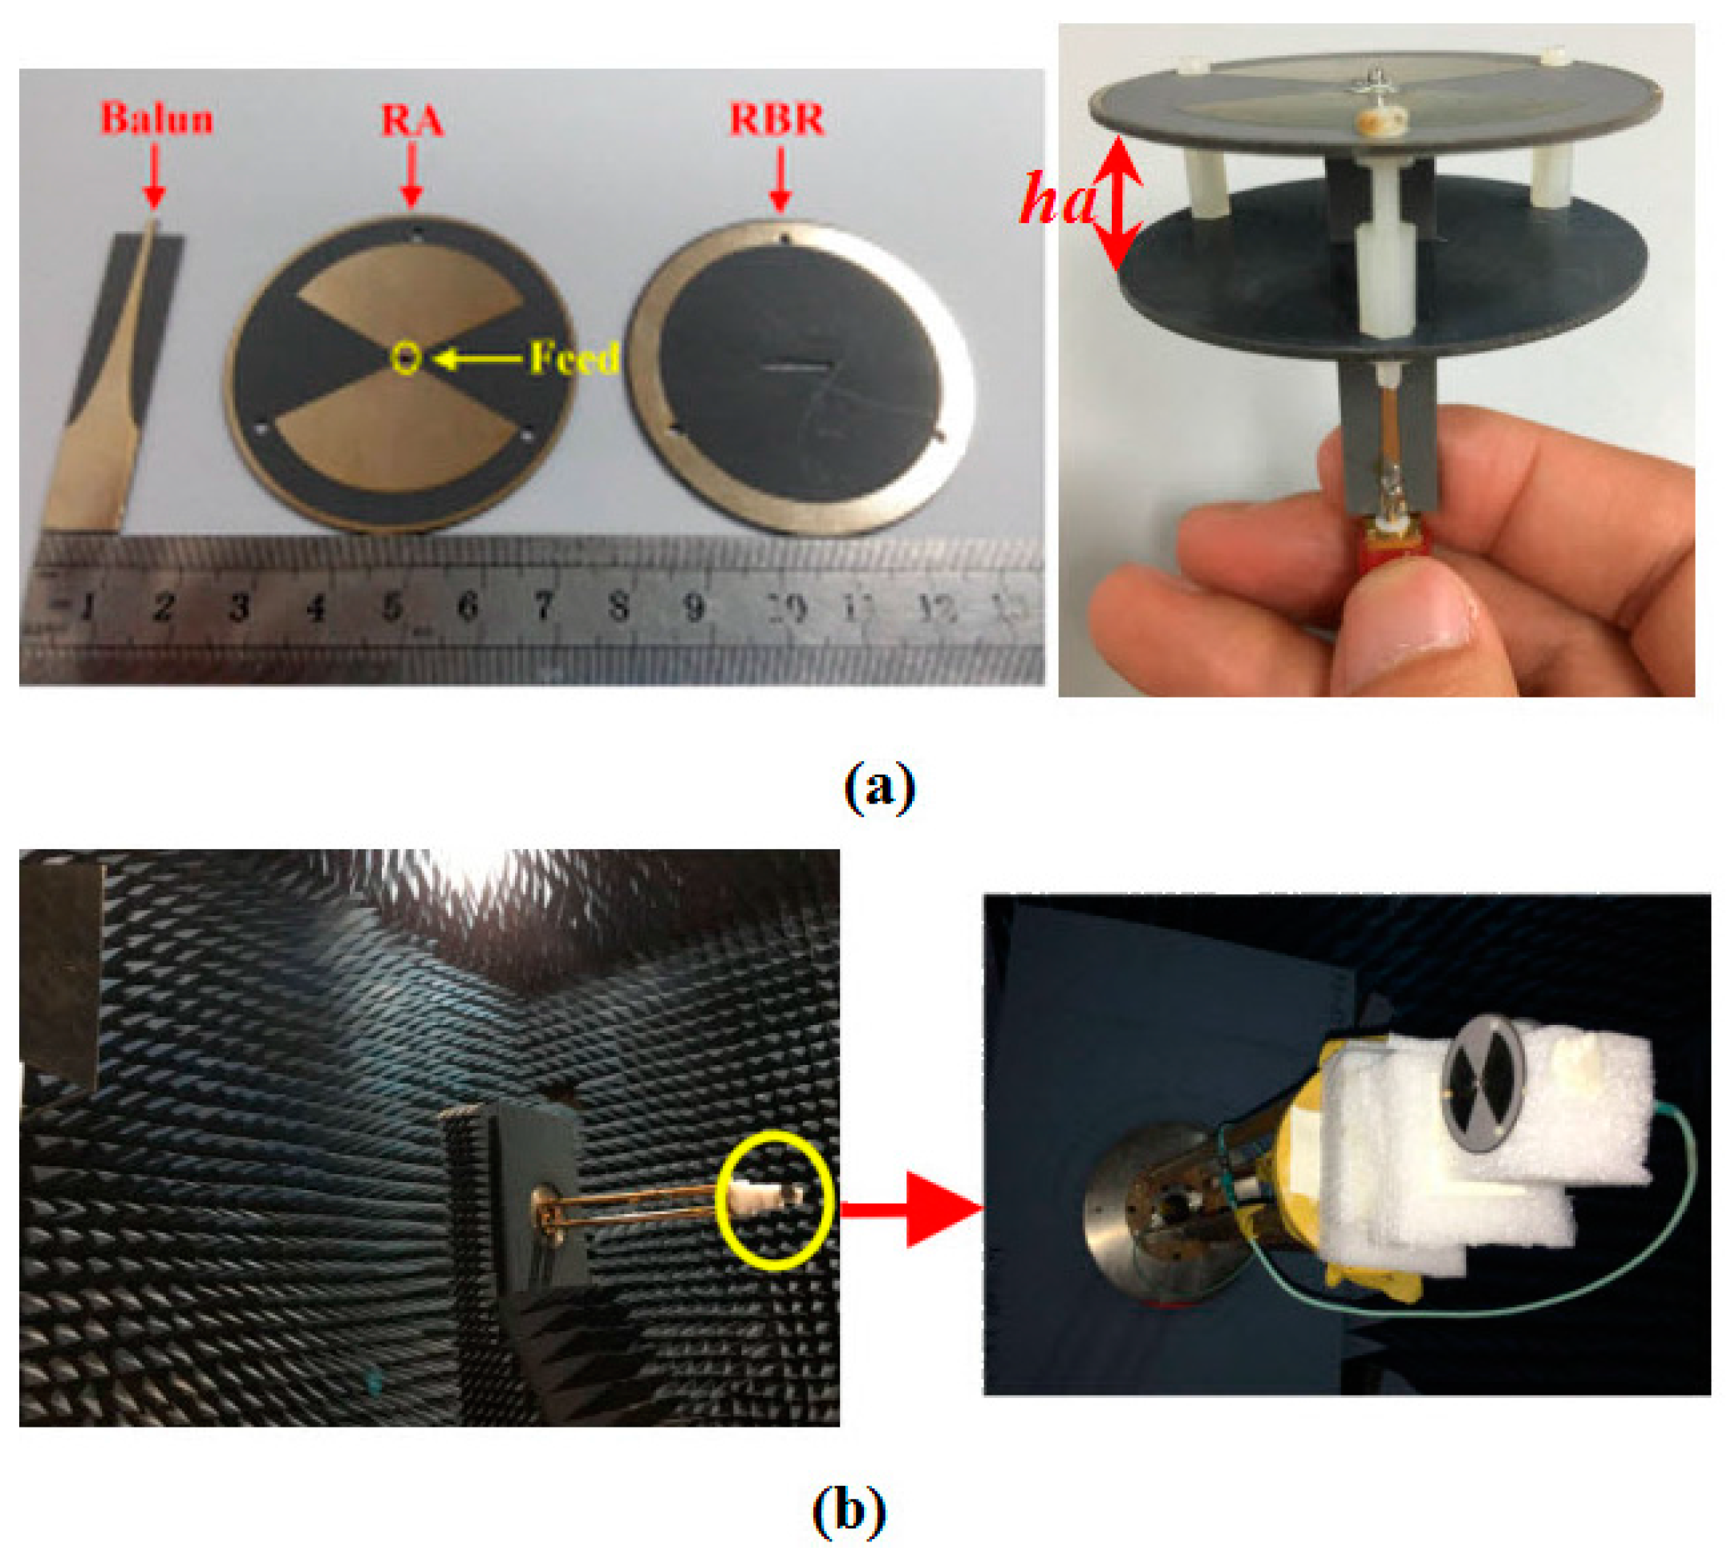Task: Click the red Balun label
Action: tap(156, 118)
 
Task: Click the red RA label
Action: tap(412, 120)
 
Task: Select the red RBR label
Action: tap(776, 118)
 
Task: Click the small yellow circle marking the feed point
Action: tap(407, 358)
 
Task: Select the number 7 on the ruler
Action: tap(543, 606)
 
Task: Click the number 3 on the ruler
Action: tap(240, 606)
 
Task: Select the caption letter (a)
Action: tap(879, 784)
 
